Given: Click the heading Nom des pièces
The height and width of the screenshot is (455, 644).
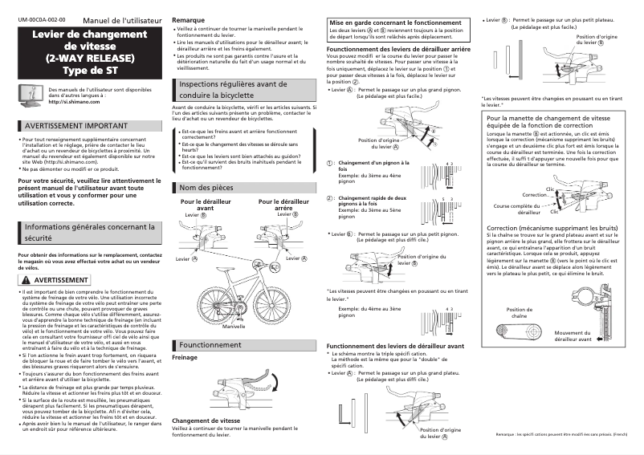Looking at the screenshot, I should tap(206, 188).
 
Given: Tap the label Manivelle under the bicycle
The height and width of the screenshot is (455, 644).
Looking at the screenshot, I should tap(234, 327).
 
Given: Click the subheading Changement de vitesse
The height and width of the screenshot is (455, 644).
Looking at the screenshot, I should tap(206, 420).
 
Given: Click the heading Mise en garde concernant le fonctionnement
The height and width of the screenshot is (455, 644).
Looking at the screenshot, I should tap(395, 24).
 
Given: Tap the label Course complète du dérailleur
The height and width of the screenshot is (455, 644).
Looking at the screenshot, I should tap(518, 209).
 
